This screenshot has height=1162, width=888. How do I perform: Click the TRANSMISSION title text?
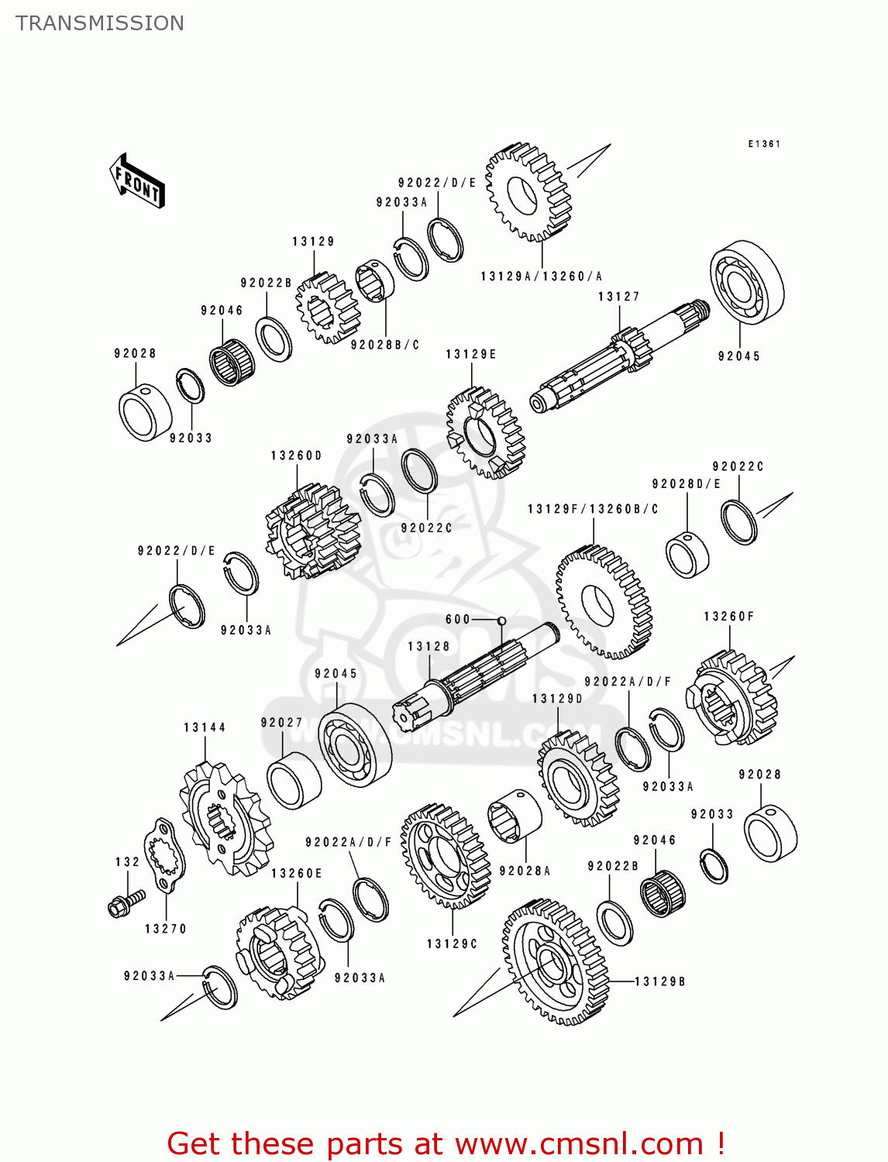(x=100, y=23)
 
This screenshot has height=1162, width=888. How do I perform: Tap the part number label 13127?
(x=618, y=297)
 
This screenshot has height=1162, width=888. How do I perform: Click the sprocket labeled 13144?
(x=225, y=820)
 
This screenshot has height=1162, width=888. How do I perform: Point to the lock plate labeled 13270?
(x=164, y=856)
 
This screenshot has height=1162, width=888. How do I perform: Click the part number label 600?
(x=457, y=620)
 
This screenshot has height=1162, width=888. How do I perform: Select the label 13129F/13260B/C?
(x=593, y=509)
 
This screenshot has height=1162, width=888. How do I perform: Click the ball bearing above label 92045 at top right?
(x=746, y=282)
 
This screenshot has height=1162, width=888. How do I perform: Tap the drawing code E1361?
(x=763, y=144)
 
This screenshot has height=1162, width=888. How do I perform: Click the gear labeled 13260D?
(x=313, y=531)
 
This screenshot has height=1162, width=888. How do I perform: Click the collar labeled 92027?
(x=294, y=779)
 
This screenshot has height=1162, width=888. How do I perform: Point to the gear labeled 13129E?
(x=485, y=433)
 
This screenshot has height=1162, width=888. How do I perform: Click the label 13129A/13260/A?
(x=541, y=277)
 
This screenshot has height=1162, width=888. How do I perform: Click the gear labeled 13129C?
(x=446, y=855)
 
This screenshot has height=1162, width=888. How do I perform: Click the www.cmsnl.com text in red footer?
(x=579, y=1143)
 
